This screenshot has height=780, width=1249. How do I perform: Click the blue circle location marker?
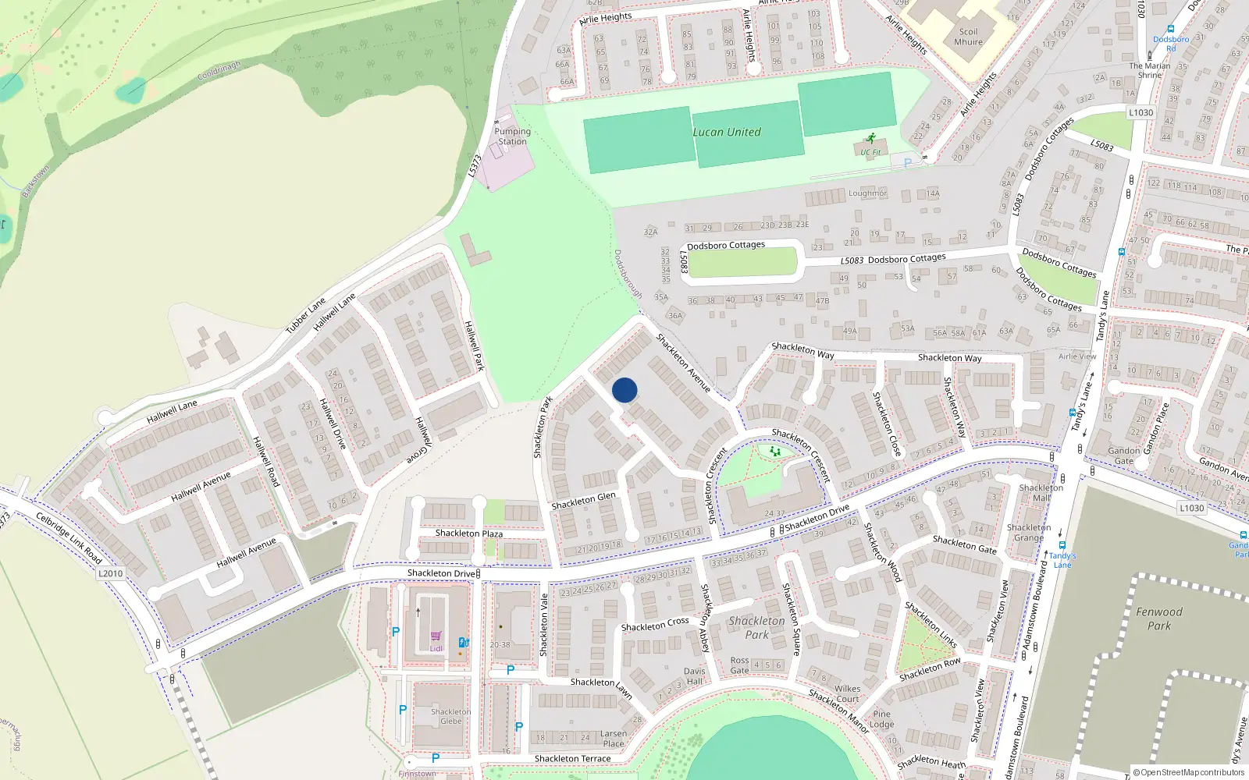624,390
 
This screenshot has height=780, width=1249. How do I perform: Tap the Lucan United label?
727,133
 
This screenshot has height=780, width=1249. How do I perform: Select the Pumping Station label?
512,136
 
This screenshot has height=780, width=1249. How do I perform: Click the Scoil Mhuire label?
968,37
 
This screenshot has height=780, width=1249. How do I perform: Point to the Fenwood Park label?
1159,619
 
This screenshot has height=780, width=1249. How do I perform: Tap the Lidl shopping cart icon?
436,636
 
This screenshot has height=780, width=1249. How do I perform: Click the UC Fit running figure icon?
870,140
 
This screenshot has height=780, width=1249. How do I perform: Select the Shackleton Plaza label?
468,534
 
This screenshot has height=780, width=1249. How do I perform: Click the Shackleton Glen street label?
584,501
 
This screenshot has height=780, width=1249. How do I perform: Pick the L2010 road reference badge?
110,573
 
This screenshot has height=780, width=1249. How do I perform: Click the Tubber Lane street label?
305,316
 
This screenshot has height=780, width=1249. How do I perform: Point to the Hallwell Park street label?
475,346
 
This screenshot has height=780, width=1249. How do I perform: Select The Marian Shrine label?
1150,70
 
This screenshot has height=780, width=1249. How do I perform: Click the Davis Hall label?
694,676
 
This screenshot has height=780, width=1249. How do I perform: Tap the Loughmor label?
867,193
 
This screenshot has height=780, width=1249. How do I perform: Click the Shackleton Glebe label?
451,716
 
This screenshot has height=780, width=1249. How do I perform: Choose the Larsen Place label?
614,739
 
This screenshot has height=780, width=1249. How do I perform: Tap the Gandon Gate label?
1124,456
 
